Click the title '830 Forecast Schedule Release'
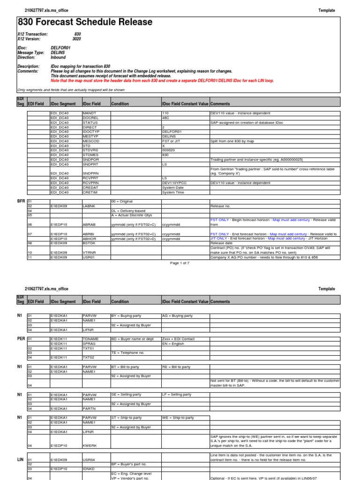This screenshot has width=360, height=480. pyautogui.click(x=85, y=22)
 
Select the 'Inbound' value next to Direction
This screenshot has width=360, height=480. pyautogui.click(x=58, y=58)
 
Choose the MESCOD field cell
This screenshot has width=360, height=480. pyautogui.click(x=91, y=141)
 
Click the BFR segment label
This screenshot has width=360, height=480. pyautogui.click(x=21, y=201)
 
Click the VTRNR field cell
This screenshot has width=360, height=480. pyautogui.click(x=90, y=252)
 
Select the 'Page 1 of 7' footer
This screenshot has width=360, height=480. pyautogui.click(x=180, y=263)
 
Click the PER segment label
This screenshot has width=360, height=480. pyautogui.click(x=21, y=338)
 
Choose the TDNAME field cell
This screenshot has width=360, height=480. pyautogui.click(x=91, y=338)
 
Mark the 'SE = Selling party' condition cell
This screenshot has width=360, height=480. pyautogui.click(x=126, y=395)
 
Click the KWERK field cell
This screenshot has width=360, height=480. pyautogui.click(x=90, y=446)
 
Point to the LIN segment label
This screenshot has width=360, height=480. pyautogui.click(x=21, y=460)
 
